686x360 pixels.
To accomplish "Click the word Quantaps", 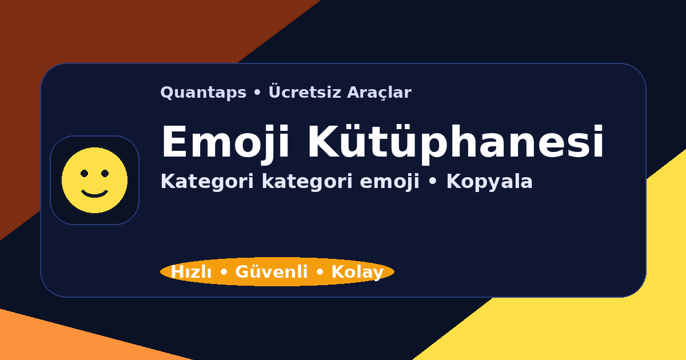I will point(203,93).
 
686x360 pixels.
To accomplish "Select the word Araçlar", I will point(379,93).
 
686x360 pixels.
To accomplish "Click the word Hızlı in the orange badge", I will point(191,273).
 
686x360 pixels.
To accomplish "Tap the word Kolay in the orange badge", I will point(357,273).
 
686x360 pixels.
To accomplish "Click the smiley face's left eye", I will point(85,173).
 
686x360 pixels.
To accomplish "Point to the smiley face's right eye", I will point(105,173).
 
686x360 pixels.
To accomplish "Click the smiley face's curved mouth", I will point(95,194).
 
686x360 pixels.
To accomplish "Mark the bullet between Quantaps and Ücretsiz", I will point(257,93).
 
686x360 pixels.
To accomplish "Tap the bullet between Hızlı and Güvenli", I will point(224,273).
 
